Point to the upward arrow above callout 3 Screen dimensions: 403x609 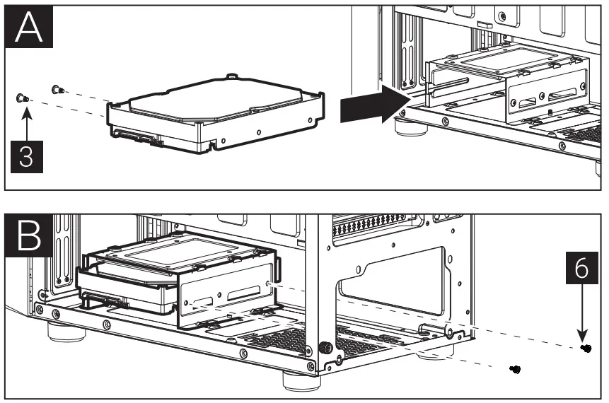pos(25,124)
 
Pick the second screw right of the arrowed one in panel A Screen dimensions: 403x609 pos(57,89)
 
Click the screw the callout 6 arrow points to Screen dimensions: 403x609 pos(586,349)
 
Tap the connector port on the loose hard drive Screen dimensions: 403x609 pos(138,136)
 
